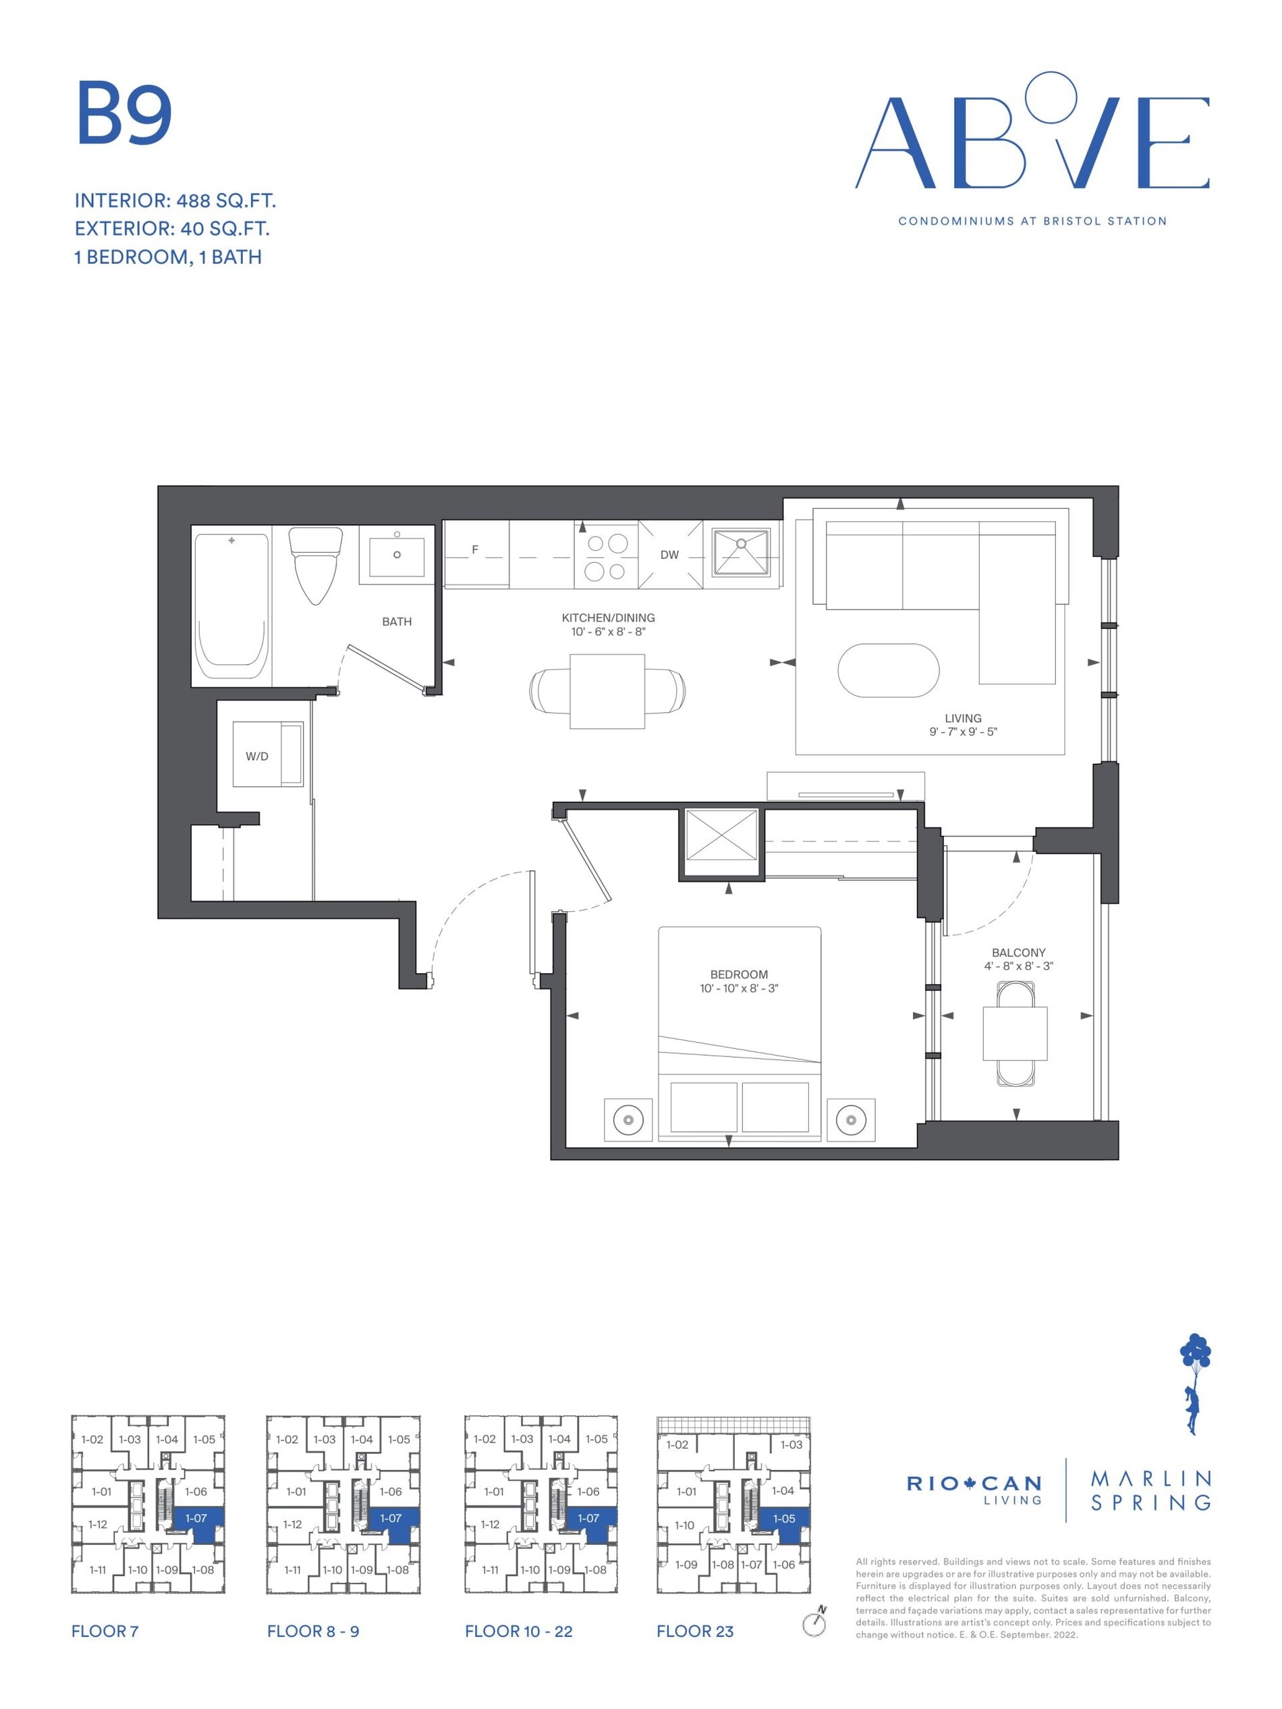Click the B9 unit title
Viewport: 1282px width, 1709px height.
pyautogui.click(x=123, y=113)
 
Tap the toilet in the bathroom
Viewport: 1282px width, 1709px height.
pyautogui.click(x=316, y=565)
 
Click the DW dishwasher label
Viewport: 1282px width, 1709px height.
pyautogui.click(x=669, y=555)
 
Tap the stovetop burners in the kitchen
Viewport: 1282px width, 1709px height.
pyautogui.click(x=606, y=557)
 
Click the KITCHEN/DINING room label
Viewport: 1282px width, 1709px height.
pyautogui.click(x=609, y=618)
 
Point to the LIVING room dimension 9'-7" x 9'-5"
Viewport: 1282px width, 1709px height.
pyautogui.click(x=963, y=731)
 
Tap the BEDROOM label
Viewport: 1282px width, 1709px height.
pyautogui.click(x=739, y=974)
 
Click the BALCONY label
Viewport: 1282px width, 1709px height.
pyautogui.click(x=1019, y=952)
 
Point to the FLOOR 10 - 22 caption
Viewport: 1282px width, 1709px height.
pyautogui.click(x=519, y=1631)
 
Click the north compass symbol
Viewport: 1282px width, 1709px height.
pyautogui.click(x=815, y=1621)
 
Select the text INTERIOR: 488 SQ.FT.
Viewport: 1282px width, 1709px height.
pyautogui.click(x=175, y=201)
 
